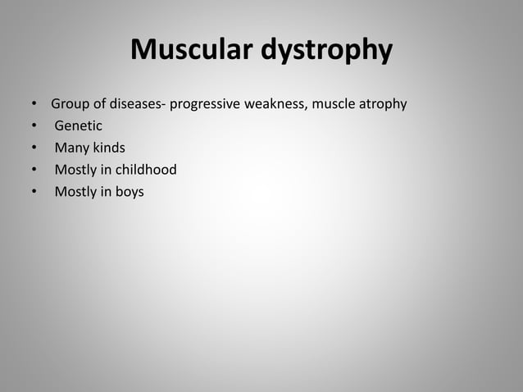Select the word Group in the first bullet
click(x=70, y=105)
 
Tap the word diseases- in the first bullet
click(x=137, y=105)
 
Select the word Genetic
click(x=79, y=126)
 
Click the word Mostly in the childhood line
click(x=75, y=171)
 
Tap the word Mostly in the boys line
click(x=75, y=193)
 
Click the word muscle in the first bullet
click(x=333, y=105)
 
